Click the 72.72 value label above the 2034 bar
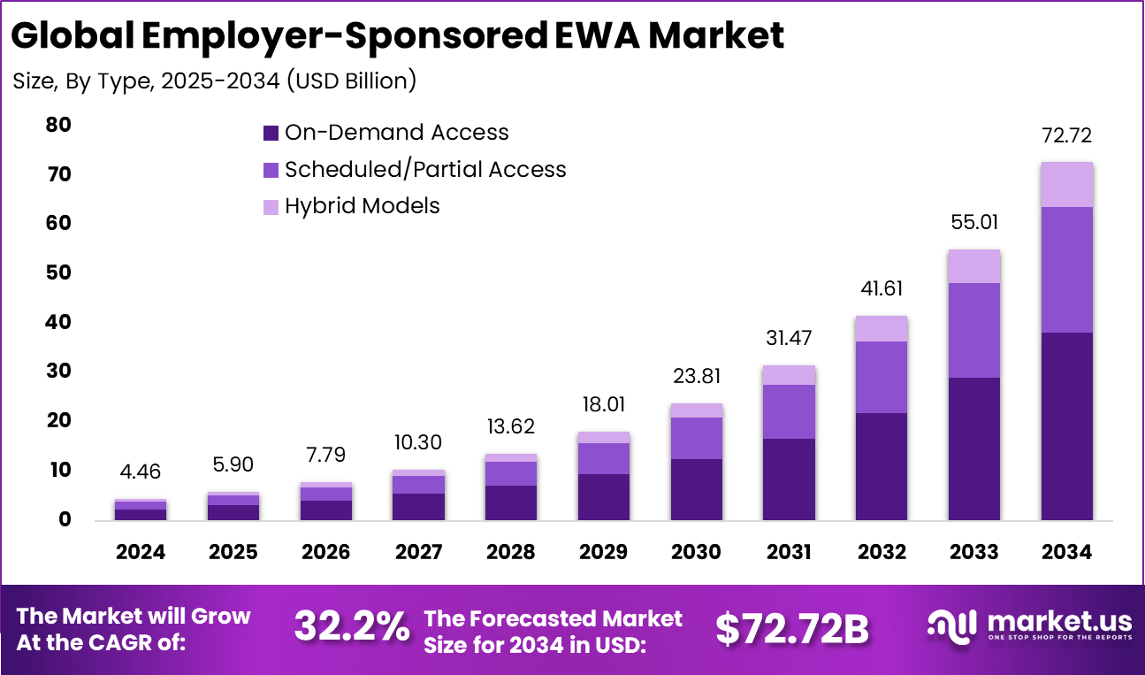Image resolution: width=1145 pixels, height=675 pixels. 1067,136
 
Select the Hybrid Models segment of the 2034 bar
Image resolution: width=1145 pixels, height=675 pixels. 1067,184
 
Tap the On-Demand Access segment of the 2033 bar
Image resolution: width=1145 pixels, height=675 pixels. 974,449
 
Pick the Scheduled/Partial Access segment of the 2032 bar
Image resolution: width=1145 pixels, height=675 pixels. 882,377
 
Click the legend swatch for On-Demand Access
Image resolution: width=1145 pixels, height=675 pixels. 271,134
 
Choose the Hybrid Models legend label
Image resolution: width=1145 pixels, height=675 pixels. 362,206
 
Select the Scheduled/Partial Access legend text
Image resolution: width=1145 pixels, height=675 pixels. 424,170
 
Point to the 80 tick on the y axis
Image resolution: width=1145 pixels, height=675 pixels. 58,126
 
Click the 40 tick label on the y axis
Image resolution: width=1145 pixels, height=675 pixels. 58,323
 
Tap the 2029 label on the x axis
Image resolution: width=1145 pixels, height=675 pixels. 604,552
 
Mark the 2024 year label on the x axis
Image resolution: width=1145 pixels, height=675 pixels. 141,552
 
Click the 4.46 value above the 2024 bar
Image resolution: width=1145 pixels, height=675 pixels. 141,472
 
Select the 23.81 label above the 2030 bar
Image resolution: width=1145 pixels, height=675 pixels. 697,376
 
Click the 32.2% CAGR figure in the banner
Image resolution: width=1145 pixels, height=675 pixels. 352,627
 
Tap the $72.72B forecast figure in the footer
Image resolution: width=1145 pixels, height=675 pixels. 792,628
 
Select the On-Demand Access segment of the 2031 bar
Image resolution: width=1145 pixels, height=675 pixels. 789,479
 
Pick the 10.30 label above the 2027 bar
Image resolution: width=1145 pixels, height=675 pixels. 418,442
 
